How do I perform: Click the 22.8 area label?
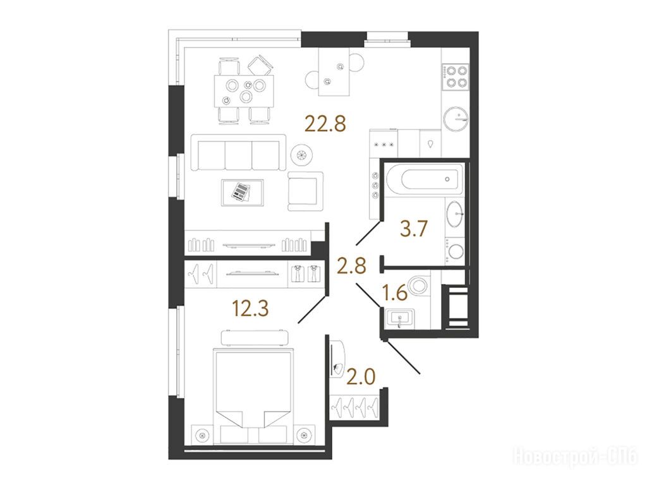point(325,123)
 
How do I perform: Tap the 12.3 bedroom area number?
point(250,308)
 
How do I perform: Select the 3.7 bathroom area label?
point(414,229)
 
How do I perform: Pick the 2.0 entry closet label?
point(361,376)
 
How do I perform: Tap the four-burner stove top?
point(456,76)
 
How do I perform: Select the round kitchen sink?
point(456,118)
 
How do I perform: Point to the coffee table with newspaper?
point(242,192)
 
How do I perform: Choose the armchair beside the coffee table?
point(305,191)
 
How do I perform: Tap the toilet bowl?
point(418,286)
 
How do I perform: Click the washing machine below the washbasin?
point(454,251)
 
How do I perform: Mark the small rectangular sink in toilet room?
point(399,318)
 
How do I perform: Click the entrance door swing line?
point(402,357)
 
